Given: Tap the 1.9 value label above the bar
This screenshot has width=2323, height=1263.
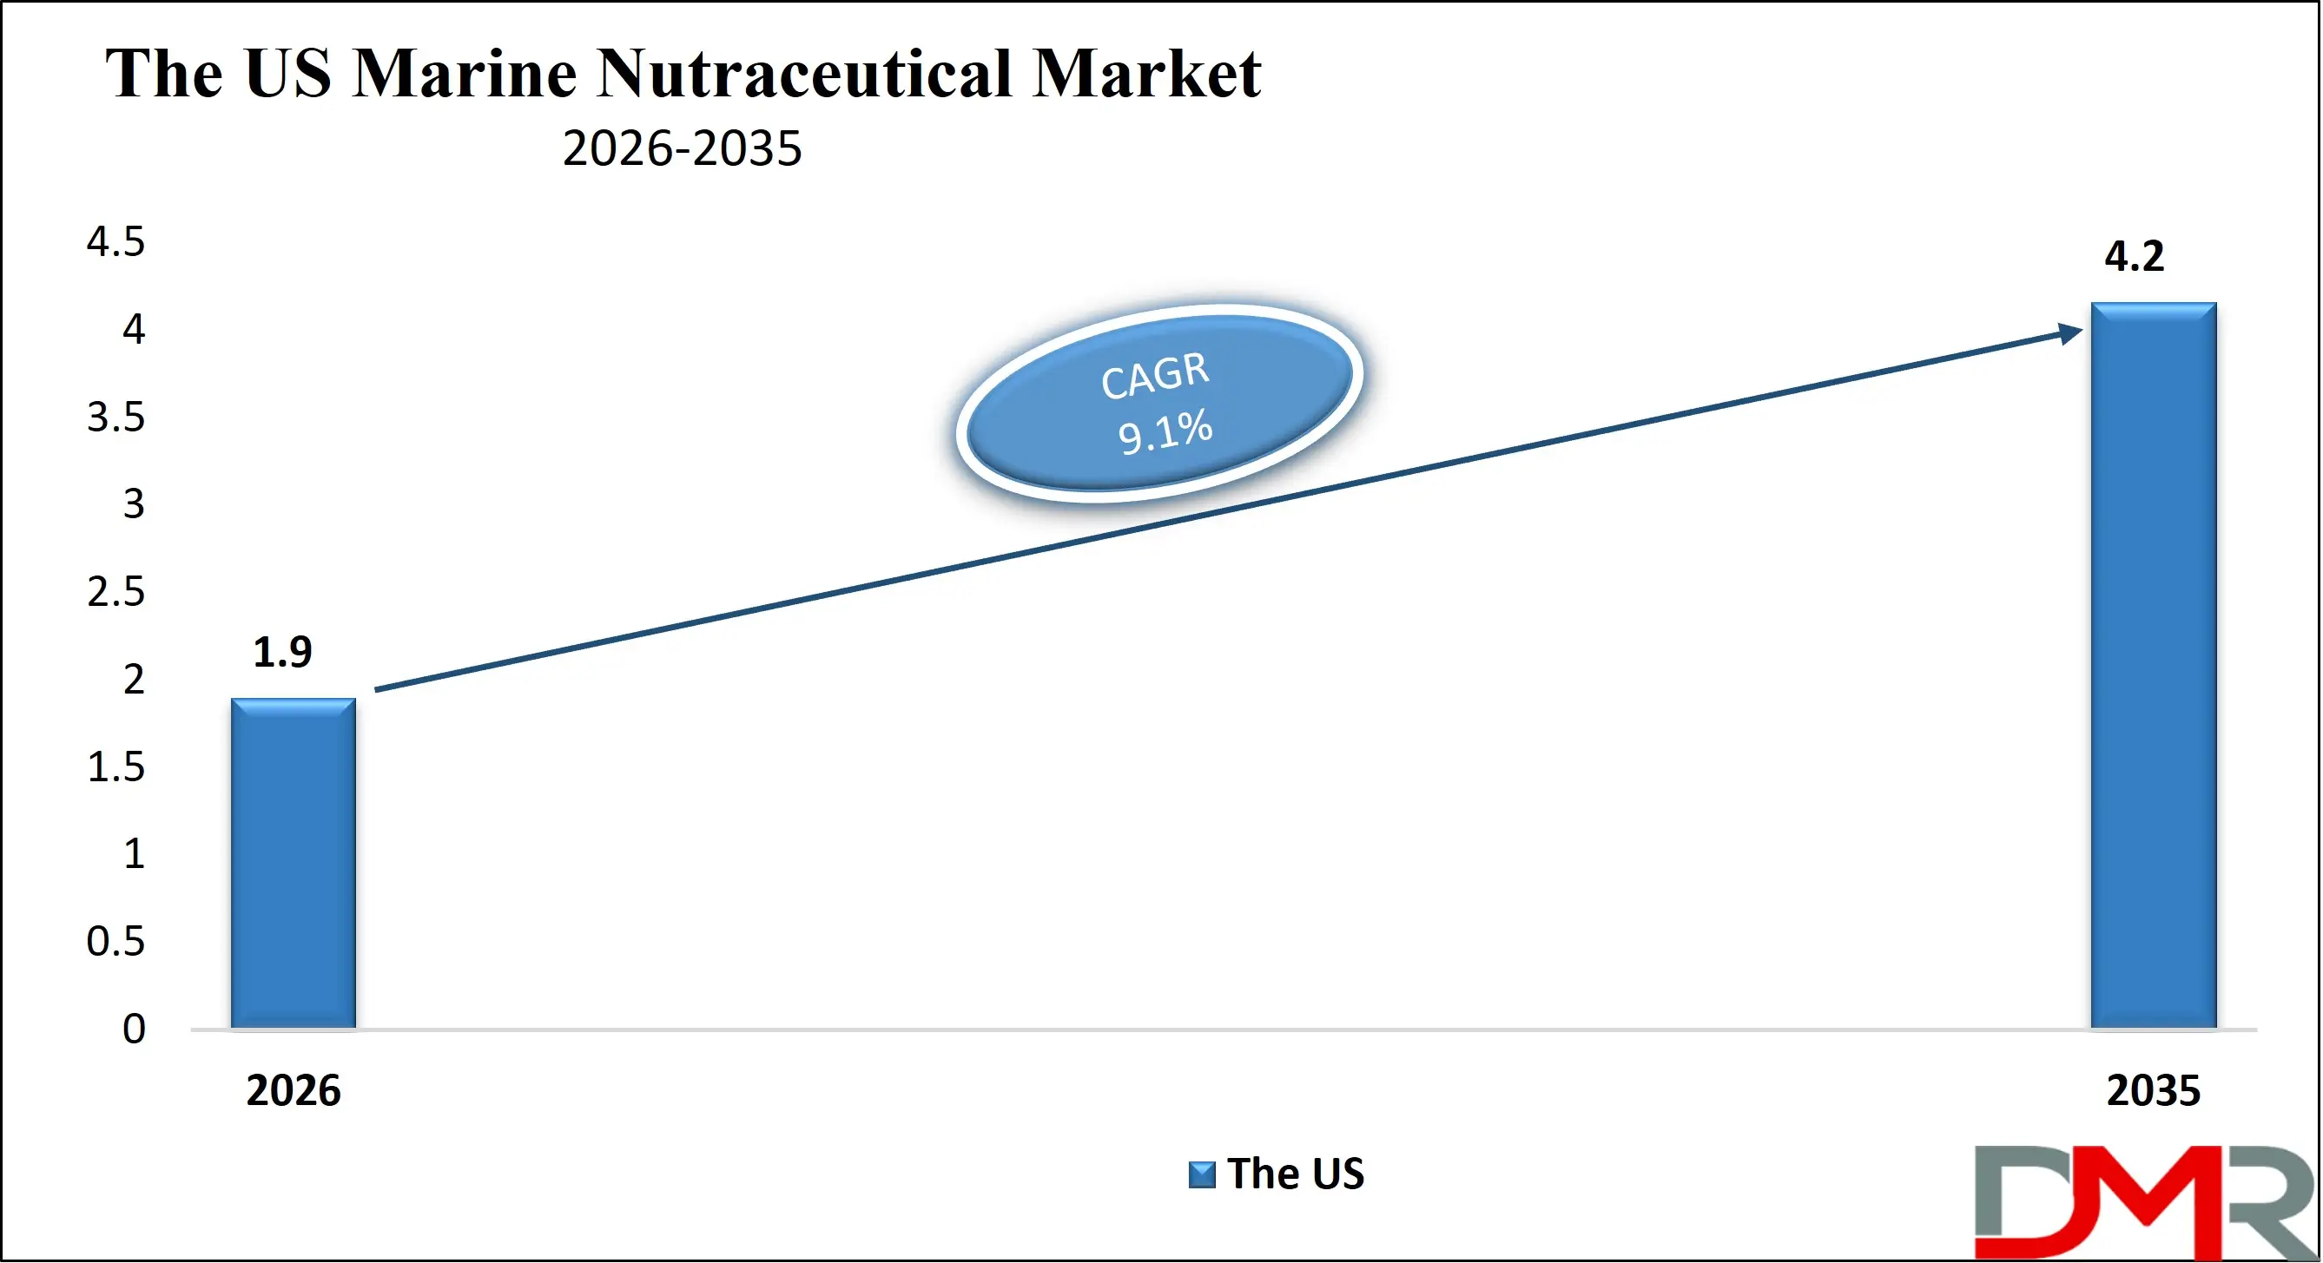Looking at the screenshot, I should click(282, 652).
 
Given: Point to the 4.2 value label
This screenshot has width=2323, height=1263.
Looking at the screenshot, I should click(2134, 256).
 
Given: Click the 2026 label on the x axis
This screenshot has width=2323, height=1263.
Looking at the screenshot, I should click(293, 1090).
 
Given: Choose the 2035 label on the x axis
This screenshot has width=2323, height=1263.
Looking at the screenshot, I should click(2153, 1090).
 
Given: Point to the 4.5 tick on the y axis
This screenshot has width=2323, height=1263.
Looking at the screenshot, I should click(115, 241).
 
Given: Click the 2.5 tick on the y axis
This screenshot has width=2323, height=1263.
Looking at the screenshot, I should click(115, 591).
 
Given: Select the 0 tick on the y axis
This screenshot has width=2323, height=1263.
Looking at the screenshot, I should click(134, 1029).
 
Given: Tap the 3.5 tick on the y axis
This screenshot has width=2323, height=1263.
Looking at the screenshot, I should click(115, 417).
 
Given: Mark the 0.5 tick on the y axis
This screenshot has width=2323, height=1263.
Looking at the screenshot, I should click(115, 941).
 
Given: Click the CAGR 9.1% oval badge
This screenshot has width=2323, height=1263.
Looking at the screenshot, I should click(1158, 403).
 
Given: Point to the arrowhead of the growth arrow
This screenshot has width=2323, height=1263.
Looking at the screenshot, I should click(2070, 332).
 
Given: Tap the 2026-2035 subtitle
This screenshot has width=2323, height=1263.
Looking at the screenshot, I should click(682, 148).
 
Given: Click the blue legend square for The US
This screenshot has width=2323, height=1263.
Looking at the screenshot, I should click(1201, 1174).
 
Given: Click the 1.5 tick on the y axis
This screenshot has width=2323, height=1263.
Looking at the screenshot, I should click(115, 766).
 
